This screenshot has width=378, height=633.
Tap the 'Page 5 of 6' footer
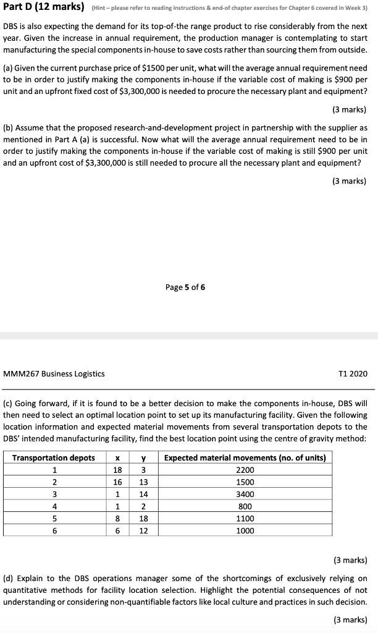pos(185,287)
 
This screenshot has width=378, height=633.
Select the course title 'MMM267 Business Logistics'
pos(54,373)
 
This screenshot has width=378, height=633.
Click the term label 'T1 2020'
pos(353,373)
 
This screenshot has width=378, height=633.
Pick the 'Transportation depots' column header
pos(54,457)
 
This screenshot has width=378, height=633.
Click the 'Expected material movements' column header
pos(245,457)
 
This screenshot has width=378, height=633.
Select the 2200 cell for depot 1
pos(245,470)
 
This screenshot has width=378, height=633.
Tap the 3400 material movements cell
pos(245,494)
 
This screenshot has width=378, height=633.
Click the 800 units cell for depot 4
pos(245,506)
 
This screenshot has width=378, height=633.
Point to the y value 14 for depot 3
pos(143,494)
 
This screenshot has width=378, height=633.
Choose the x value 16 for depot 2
pos(117,482)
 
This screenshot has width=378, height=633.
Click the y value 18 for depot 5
pos(143,518)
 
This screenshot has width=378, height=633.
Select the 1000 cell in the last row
pos(245,530)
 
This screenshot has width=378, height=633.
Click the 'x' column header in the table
pos(117,457)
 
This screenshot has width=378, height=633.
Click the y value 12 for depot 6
pos(143,530)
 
